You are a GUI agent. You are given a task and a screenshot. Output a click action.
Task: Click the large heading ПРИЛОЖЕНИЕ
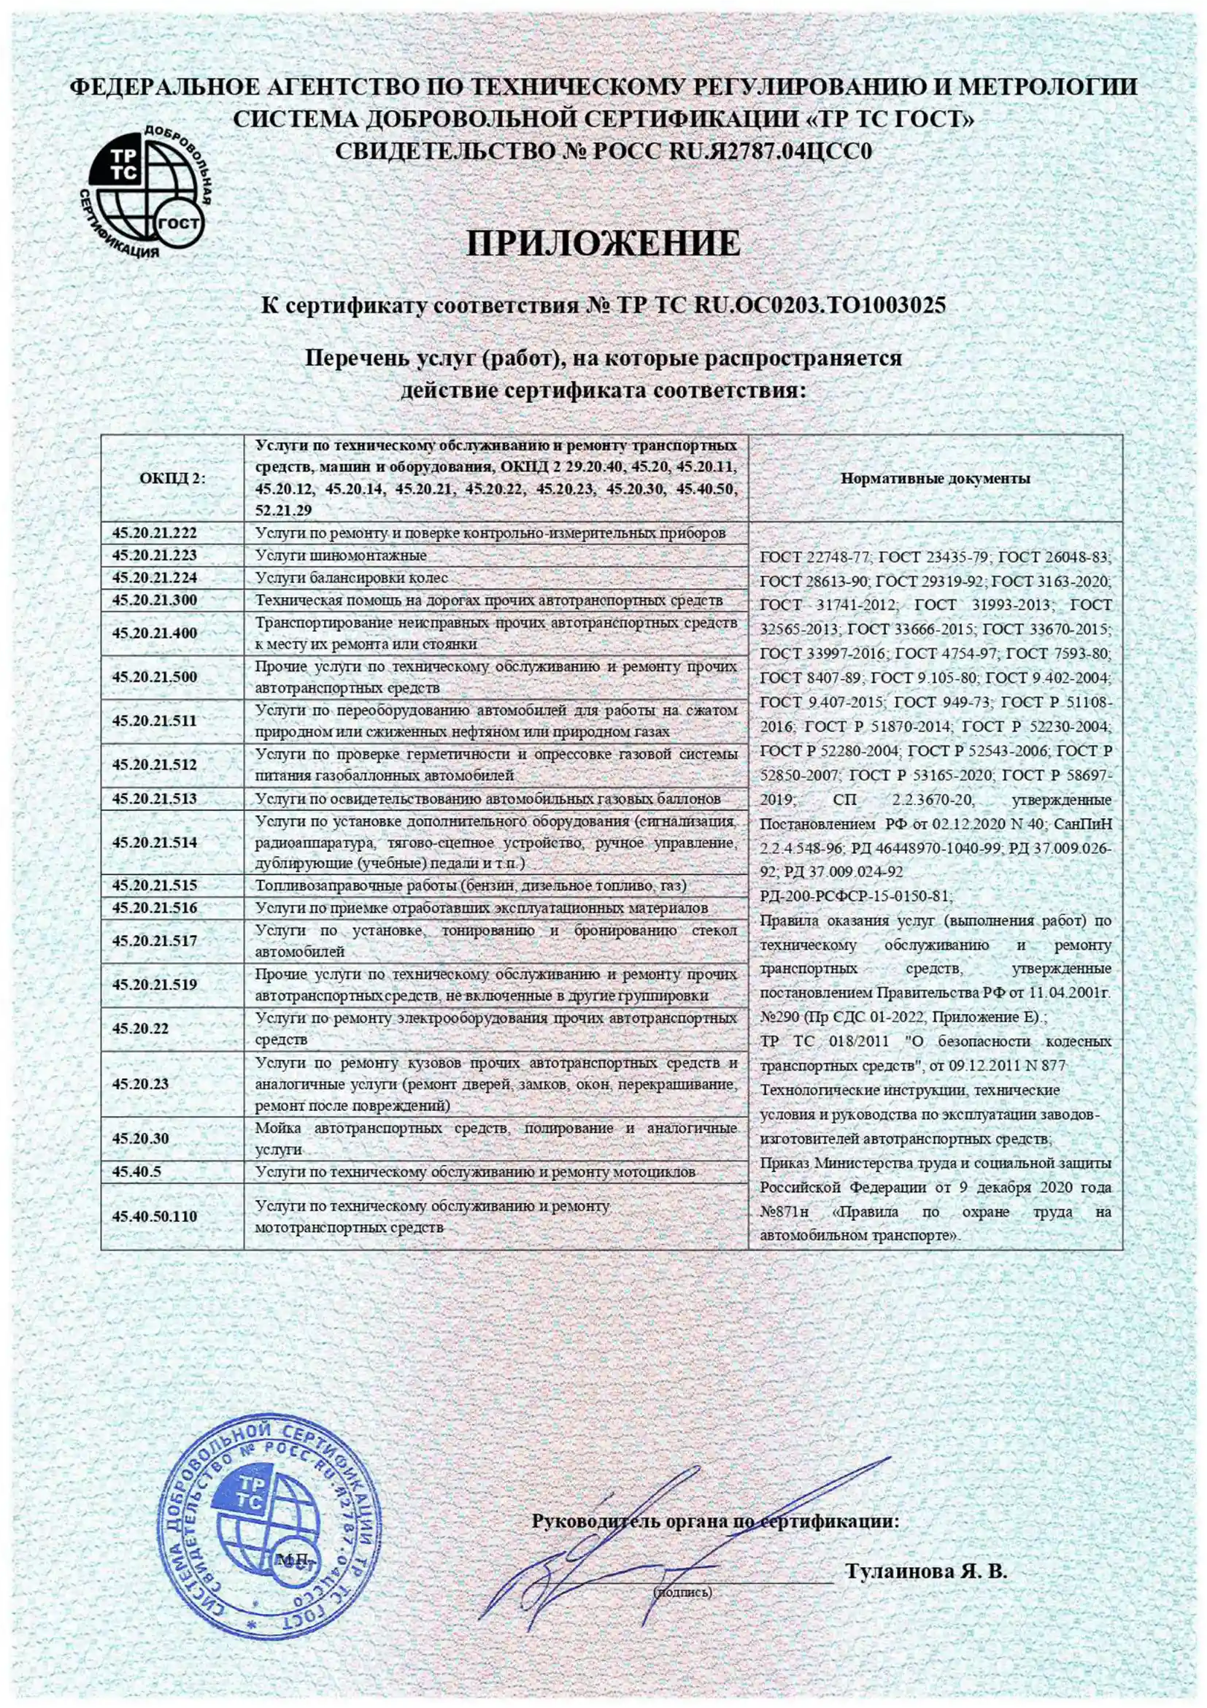tap(603, 244)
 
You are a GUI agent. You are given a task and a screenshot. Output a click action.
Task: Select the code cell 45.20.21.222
tap(155, 533)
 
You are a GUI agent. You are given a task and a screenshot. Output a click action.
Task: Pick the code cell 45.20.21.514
tap(155, 843)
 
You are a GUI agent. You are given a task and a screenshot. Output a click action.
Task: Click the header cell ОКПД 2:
tap(171, 478)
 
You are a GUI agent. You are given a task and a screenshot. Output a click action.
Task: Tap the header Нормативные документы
tap(935, 478)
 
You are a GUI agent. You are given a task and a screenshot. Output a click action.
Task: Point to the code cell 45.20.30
tap(141, 1139)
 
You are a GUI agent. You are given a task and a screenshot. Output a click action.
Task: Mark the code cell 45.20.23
tap(141, 1084)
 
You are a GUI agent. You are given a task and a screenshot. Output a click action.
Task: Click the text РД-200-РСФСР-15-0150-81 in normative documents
tap(855, 896)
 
